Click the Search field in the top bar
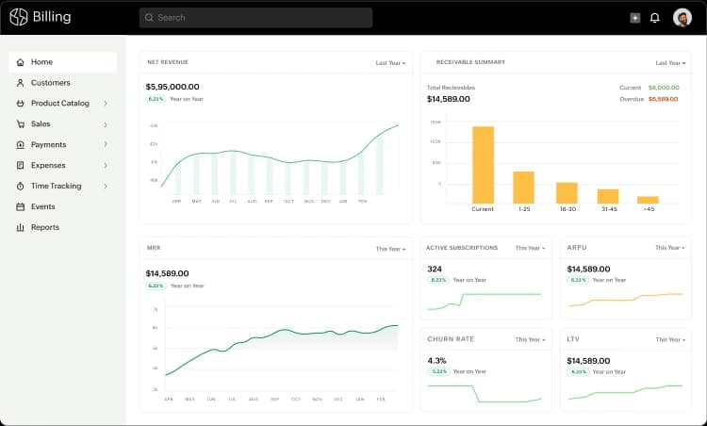tap(255, 17)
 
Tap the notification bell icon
tap(655, 17)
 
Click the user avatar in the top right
tap(682, 17)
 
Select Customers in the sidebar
tap(50, 83)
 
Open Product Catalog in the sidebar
tap(60, 104)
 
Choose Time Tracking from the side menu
tap(56, 187)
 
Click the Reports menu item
tap(44, 227)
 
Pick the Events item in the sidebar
tap(42, 206)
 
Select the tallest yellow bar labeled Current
tap(483, 164)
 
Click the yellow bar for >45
tap(648, 199)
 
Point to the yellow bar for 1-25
tap(523, 187)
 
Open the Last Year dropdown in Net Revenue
tap(390, 63)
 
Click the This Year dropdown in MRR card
tap(390, 249)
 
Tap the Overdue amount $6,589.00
tap(663, 98)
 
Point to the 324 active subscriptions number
tap(435, 269)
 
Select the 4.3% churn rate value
tap(436, 360)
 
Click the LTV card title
tap(572, 339)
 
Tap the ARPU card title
tap(576, 248)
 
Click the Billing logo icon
tap(19, 17)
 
